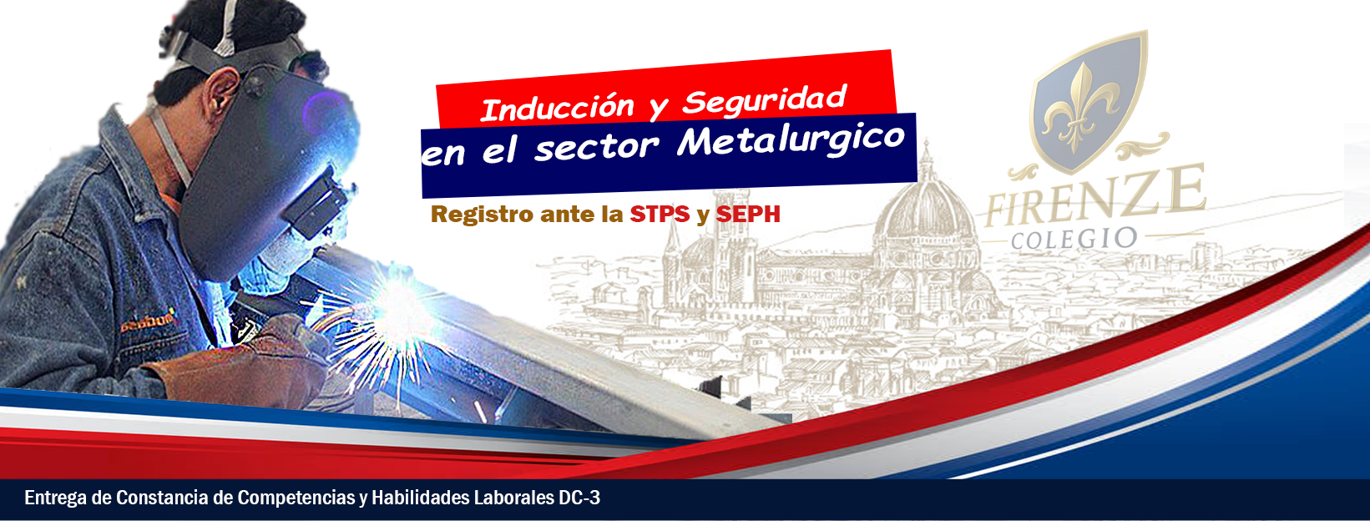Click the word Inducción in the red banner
557,109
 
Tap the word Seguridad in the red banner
765,100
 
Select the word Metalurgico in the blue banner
791,140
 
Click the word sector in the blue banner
596,148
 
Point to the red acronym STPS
660,214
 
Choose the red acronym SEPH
748,214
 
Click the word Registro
483,215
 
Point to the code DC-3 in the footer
579,498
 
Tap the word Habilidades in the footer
422,498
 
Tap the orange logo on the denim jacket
148,321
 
